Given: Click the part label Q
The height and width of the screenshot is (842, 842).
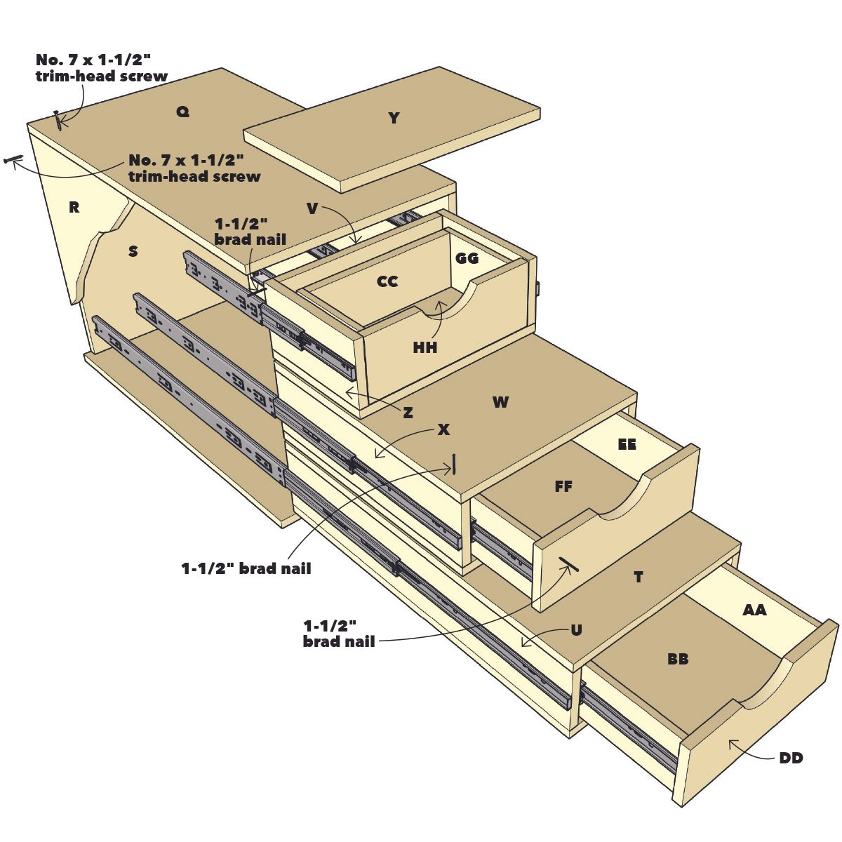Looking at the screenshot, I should tap(182, 112).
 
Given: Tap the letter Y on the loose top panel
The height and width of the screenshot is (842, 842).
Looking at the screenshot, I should tap(394, 118).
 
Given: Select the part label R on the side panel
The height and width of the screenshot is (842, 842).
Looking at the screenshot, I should tap(74, 207).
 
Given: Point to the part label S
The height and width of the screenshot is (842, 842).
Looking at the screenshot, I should tap(133, 250).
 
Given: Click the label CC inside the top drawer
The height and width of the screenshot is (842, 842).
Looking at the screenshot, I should tap(387, 281).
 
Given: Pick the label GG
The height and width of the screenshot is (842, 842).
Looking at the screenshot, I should tap(467, 258).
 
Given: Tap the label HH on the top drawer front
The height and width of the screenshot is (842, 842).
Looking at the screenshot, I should tap(425, 347).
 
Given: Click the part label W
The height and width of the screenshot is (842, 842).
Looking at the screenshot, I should tap(500, 402).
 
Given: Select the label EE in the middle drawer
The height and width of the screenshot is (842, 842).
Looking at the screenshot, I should tap(627, 444).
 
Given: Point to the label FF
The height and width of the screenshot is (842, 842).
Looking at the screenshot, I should tap(563, 486).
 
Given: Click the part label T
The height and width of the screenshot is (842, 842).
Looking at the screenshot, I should tap(638, 577).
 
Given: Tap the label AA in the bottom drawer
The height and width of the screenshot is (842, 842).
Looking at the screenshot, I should tap(754, 610).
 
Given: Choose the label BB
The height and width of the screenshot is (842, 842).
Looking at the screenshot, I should tap(678, 659).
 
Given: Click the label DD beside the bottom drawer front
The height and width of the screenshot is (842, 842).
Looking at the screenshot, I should tap(791, 758).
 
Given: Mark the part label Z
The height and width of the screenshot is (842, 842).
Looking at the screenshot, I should tap(408, 413).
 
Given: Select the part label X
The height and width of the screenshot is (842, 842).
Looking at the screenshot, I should tap(443, 429).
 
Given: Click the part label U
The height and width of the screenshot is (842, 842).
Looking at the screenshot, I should tap(576, 629).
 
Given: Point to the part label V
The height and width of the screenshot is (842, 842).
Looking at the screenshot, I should tap(313, 208).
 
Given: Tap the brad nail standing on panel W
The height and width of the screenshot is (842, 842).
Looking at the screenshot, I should tap(455, 464).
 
